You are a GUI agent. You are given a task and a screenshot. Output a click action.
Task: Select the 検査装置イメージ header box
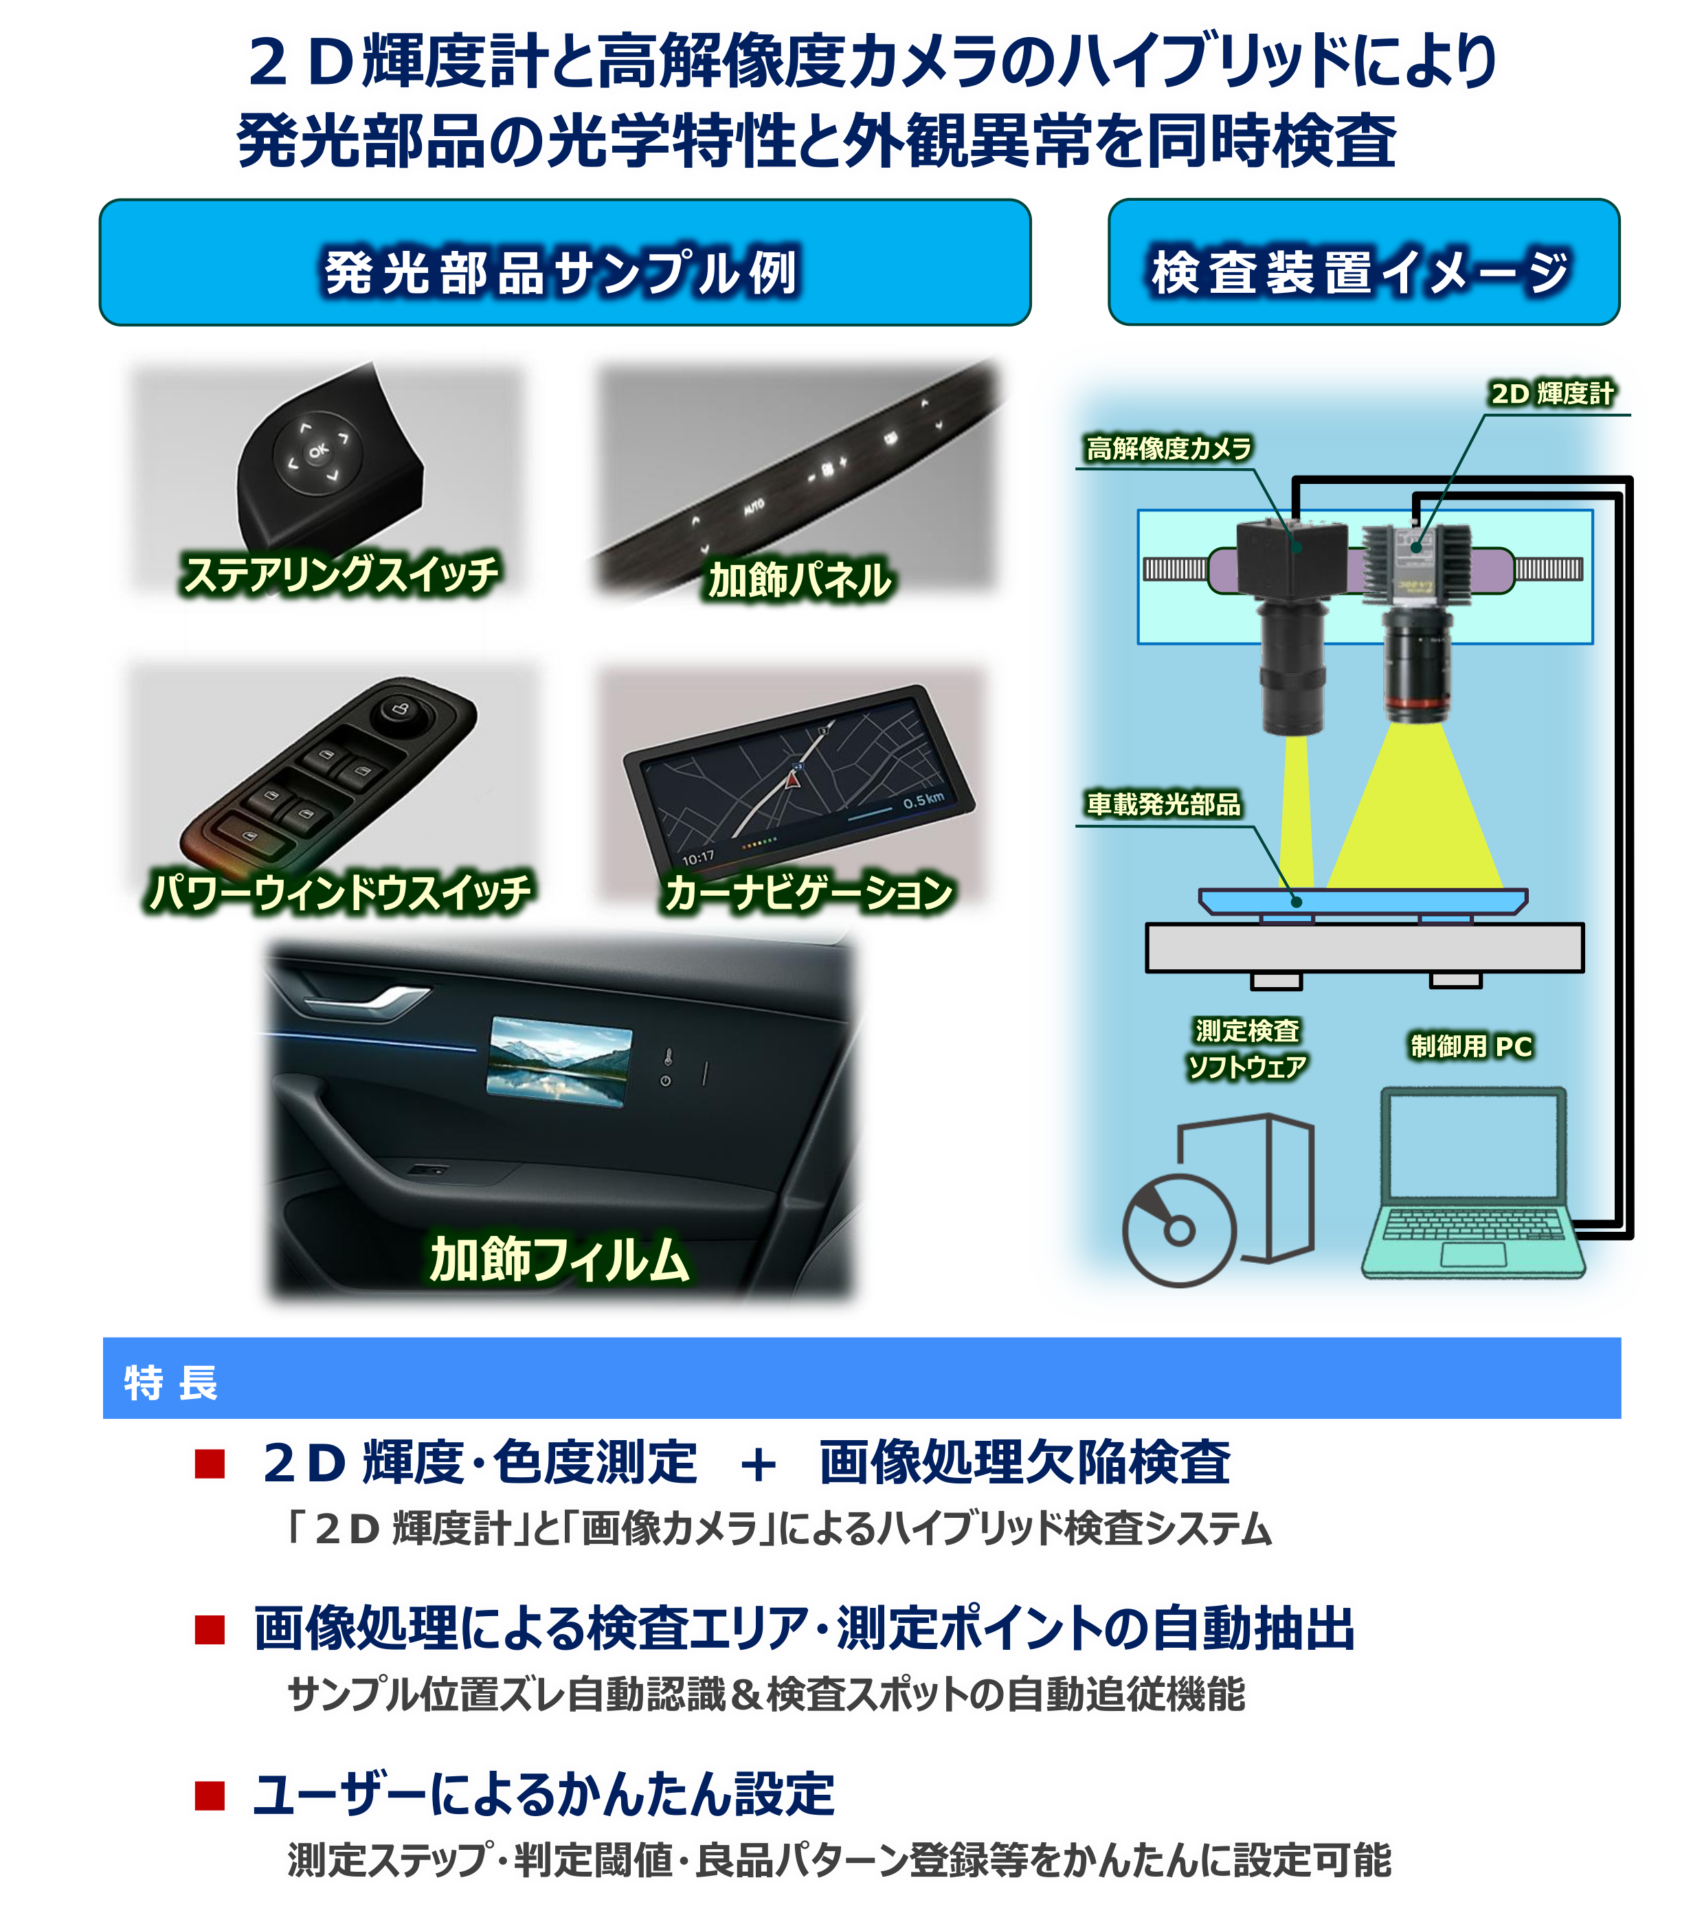pos(1362,272)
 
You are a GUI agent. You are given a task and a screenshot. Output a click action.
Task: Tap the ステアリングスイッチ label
pos(340,573)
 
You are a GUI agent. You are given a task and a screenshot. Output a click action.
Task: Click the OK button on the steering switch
pos(319,452)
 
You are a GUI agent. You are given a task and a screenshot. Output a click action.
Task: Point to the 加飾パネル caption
pos(800,580)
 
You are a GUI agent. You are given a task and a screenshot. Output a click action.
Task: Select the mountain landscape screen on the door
pos(560,1061)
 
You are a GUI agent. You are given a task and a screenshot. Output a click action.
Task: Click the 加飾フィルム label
pos(560,1259)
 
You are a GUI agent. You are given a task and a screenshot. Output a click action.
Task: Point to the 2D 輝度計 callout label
pos(1551,393)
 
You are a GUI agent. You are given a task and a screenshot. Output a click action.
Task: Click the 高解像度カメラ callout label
pos(1168,448)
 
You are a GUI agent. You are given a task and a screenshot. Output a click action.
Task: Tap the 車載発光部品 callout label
pos(1163,804)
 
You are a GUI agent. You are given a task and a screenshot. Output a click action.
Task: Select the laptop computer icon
pos(1472,1183)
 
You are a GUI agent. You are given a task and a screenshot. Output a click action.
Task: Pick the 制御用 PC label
pos(1471,1046)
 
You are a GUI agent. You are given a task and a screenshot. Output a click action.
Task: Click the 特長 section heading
pos(171,1383)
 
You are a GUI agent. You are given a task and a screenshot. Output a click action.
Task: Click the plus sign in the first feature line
pos(758,1465)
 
